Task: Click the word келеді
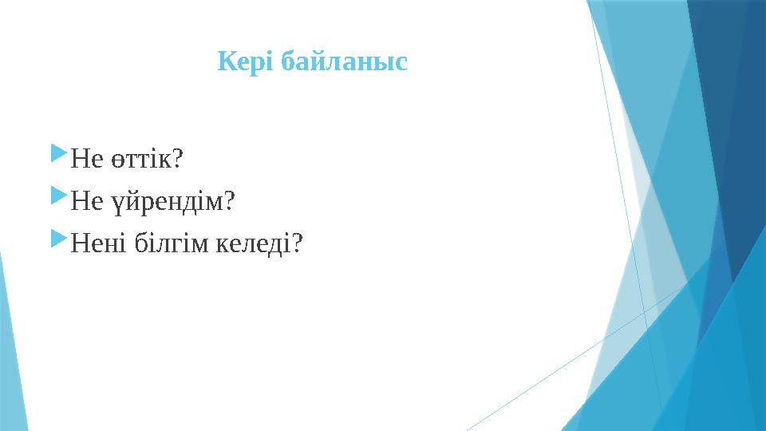253,243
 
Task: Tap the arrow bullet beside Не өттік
58,152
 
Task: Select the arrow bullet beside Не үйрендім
58,194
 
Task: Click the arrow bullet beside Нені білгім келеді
58,235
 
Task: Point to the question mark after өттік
178,160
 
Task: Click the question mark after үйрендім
230,201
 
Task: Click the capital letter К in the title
226,61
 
